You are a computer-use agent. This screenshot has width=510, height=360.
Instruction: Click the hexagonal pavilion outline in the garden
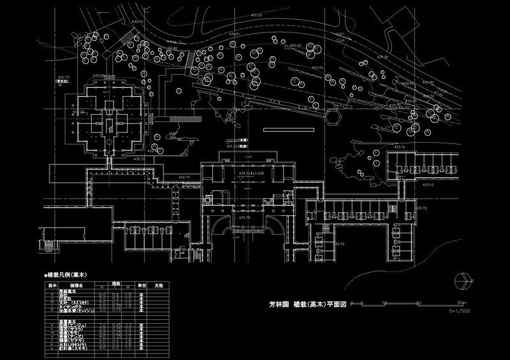point(332,117)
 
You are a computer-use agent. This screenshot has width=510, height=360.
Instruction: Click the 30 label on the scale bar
point(419,303)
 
